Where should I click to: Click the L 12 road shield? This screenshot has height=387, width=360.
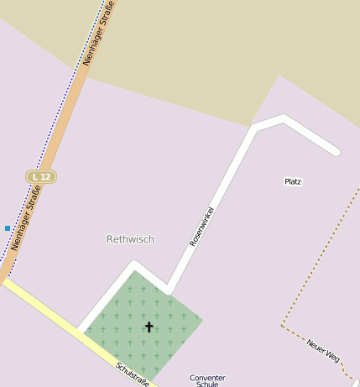(40, 176)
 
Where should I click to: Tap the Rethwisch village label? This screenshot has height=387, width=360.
(130, 239)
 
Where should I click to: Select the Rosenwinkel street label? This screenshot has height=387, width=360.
(202, 226)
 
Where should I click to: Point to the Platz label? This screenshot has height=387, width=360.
(293, 181)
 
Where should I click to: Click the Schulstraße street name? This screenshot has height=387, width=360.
(133, 374)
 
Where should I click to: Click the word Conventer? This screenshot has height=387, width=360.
(207, 378)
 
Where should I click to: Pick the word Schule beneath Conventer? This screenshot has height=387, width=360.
(207, 384)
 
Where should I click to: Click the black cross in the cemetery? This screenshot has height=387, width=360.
(149, 327)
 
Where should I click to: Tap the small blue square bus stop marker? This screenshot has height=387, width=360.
(8, 228)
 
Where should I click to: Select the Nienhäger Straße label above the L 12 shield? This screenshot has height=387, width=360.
(98, 37)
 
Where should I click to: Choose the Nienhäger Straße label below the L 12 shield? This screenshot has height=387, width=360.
(27, 222)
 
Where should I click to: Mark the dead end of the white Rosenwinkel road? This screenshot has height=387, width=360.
(336, 152)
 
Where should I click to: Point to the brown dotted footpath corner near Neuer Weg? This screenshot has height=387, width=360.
(283, 325)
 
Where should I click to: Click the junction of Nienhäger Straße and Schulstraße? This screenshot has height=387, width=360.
(4, 280)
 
